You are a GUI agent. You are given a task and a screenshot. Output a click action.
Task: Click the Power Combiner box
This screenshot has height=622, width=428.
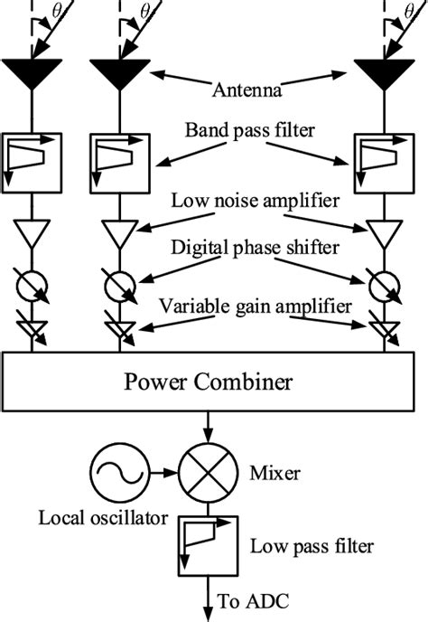click(207, 382)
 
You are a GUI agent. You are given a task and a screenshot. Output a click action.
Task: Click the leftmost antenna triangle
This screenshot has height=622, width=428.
click(33, 72)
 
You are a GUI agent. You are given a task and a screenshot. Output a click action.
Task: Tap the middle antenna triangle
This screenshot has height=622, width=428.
click(116, 72)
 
